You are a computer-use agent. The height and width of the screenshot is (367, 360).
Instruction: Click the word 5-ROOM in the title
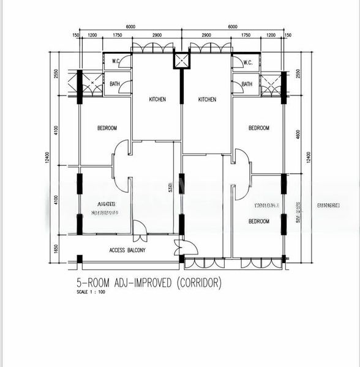(x=88, y=283)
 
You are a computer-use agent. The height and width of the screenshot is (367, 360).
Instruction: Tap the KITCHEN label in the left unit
(x=158, y=100)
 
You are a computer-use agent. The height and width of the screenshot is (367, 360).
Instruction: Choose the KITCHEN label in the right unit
(x=207, y=100)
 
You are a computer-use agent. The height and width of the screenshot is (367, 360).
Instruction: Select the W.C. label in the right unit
(x=247, y=63)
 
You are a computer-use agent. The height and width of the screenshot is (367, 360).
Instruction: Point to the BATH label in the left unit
(x=114, y=84)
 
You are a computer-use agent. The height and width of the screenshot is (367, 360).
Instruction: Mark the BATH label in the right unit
(x=247, y=84)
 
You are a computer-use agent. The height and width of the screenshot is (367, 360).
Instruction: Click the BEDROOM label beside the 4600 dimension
(x=258, y=128)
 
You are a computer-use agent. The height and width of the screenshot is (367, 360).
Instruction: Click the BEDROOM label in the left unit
(x=107, y=128)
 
